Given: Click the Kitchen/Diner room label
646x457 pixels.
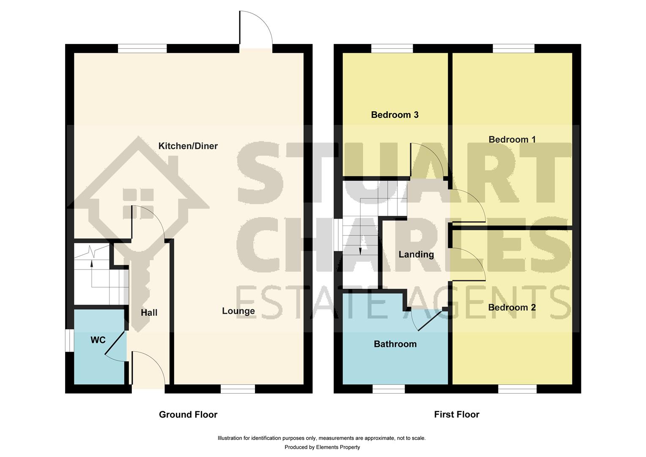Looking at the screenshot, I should [x=188, y=146].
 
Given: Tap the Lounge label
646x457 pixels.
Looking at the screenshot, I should [x=238, y=311].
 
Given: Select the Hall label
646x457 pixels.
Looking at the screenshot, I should [x=149, y=313].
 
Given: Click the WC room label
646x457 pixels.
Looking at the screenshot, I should [x=98, y=340].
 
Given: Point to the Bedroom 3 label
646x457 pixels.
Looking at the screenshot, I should [x=394, y=115].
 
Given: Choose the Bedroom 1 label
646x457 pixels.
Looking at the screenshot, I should [x=512, y=140].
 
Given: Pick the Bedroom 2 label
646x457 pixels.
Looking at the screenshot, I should [x=512, y=308].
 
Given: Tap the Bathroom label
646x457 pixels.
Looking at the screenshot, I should [x=395, y=344].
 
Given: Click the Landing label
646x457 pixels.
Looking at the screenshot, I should [x=416, y=254].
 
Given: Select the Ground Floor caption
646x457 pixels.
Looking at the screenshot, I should [x=188, y=415].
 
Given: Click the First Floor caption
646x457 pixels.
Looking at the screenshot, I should [x=457, y=415].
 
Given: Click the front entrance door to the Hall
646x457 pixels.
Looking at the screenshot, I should [x=148, y=368].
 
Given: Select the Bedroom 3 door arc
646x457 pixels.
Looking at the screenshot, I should [x=427, y=159].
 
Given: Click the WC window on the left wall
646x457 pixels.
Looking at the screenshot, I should [x=68, y=340].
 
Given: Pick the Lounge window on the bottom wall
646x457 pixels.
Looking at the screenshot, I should [x=238, y=388].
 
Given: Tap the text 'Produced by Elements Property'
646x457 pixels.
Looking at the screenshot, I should [x=322, y=447].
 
